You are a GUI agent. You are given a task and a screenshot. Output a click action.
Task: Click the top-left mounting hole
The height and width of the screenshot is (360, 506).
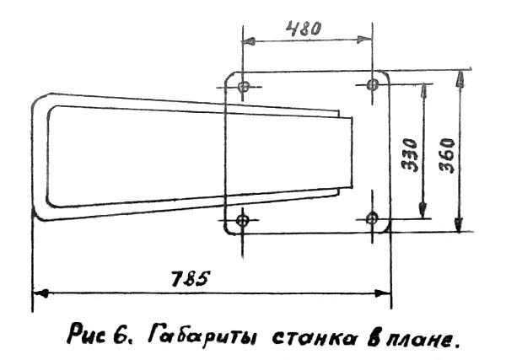[244, 87]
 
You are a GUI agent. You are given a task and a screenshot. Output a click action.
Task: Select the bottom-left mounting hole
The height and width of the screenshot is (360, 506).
[244, 221]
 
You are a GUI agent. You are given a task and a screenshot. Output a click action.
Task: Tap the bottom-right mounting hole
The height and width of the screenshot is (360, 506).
[372, 218]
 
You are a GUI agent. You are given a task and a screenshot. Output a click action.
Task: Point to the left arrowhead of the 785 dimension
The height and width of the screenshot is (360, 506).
[37, 293]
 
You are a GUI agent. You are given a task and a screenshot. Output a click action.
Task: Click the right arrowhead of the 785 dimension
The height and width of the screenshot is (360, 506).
[385, 293]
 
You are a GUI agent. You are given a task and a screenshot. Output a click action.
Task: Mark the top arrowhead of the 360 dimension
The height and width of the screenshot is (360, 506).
[458, 77]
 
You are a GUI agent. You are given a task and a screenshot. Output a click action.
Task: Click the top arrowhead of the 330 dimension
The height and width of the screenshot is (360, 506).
[423, 89]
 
